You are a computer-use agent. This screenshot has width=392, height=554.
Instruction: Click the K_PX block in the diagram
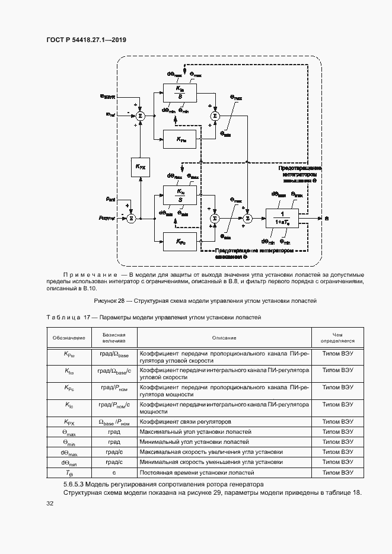[141, 168]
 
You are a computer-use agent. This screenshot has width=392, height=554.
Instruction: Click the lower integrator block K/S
[179, 195]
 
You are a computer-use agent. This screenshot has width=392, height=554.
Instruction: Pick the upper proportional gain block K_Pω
[179, 139]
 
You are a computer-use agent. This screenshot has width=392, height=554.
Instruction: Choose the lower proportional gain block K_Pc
[179, 241]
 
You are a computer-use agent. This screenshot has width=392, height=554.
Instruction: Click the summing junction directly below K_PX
[132, 218]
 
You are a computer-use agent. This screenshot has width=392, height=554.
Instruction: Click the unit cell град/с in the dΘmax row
[114, 452]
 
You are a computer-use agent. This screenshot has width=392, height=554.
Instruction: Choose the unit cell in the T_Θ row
[114, 473]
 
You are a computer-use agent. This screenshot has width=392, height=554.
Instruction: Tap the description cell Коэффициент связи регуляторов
[184, 422]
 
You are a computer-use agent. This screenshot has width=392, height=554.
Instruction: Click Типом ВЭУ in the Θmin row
[337, 442]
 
